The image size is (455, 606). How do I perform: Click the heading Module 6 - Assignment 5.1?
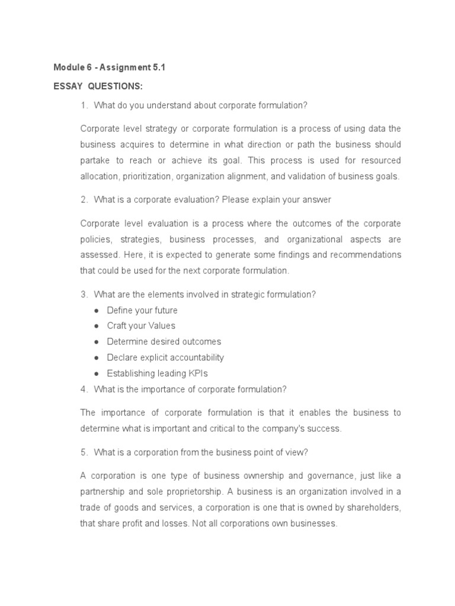(x=110, y=67)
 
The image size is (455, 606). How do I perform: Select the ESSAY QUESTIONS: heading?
(x=98, y=86)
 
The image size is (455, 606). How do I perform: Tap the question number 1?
(x=84, y=105)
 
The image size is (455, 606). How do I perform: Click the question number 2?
(x=84, y=200)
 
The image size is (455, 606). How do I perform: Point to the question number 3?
(x=84, y=295)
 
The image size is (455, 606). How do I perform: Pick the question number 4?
(x=84, y=389)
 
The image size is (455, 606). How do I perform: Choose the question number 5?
(x=84, y=452)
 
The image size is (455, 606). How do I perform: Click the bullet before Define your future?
(x=97, y=311)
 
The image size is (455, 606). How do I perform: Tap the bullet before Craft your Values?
(x=97, y=326)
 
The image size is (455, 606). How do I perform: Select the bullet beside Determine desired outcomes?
(x=97, y=342)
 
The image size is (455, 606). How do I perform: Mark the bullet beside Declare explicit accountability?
(x=97, y=358)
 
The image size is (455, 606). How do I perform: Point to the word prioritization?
(x=148, y=176)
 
